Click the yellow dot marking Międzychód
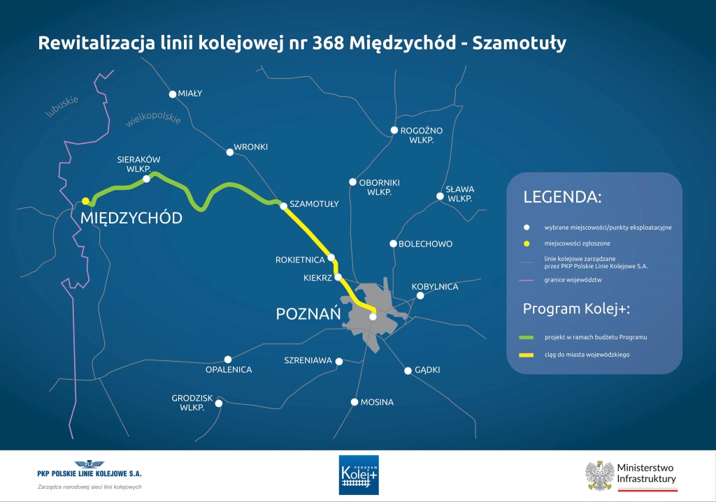[x=85, y=201]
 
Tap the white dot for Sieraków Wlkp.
[x=147, y=179]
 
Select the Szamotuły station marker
[x=284, y=206]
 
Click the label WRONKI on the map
[x=251, y=147]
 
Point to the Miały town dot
[x=173, y=94]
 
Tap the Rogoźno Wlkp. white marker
[x=394, y=131]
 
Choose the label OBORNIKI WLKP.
[x=379, y=187]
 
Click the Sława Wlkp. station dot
[x=441, y=196]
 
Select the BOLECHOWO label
[x=426, y=244]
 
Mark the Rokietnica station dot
[x=331, y=258]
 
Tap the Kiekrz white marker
[x=338, y=276]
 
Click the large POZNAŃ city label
[x=308, y=313]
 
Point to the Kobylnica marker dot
[x=420, y=296]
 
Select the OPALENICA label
[x=229, y=370]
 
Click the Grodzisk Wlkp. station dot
[x=219, y=404]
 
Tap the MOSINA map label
[x=377, y=402]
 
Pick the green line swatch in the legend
[x=527, y=337]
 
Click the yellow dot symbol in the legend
[x=527, y=244]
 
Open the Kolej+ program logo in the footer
[x=359, y=475]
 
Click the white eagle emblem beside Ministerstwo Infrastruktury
[x=599, y=475]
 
